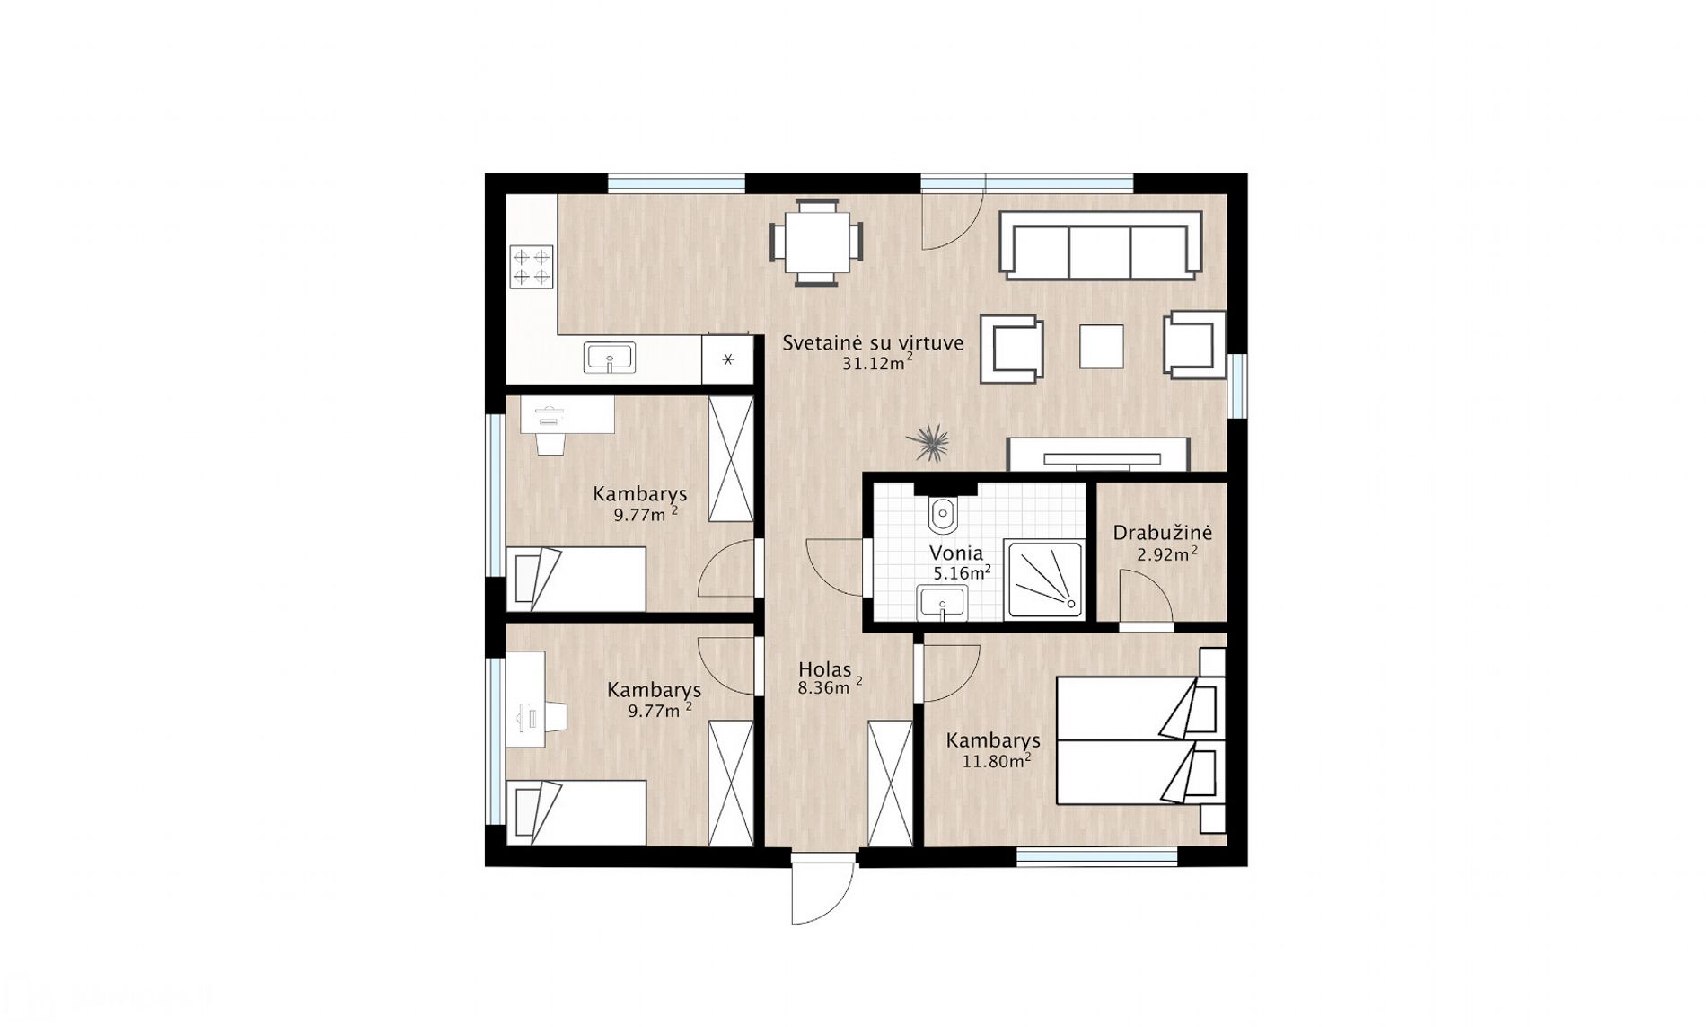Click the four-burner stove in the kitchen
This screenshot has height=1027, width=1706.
(531, 267)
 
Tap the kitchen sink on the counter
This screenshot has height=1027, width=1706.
(610, 357)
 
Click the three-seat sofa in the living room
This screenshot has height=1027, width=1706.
(1102, 245)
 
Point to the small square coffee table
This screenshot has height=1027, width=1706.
(1102, 346)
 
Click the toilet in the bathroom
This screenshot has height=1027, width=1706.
(943, 513)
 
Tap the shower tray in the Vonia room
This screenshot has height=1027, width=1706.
(1044, 579)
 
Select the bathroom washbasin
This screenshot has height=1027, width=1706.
(942, 602)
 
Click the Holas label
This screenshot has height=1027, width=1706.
(825, 669)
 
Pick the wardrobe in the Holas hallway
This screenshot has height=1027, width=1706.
(890, 783)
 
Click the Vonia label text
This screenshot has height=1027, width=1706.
(956, 553)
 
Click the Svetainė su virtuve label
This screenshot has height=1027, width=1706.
(873, 342)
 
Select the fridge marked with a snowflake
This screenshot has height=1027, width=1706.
(727, 359)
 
